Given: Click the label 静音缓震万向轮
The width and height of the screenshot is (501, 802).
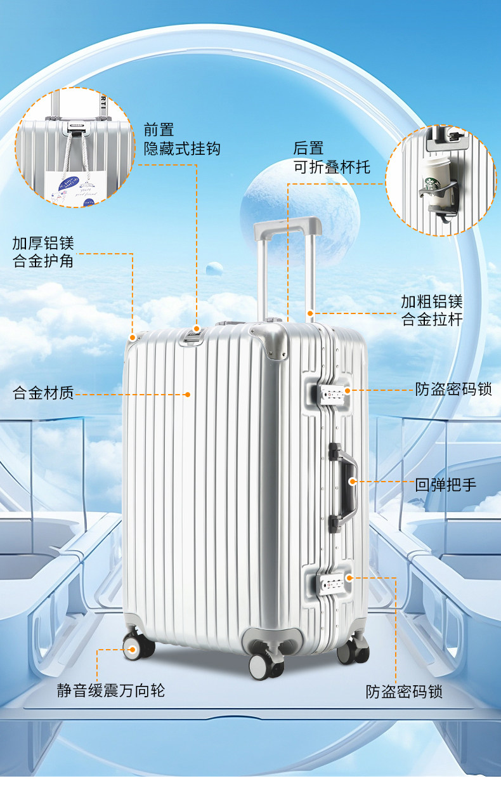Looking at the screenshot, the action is (111, 690).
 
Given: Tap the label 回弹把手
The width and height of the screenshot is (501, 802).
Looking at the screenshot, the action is (445, 486).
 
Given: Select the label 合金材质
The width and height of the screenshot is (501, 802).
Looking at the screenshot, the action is (43, 393).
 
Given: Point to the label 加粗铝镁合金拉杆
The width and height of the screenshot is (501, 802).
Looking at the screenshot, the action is (431, 310).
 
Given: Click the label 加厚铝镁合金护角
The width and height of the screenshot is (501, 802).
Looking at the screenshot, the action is (43, 251).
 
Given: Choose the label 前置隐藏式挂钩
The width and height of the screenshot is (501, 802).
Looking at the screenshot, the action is (181, 139).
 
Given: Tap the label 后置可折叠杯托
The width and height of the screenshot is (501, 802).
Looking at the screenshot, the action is (331, 157).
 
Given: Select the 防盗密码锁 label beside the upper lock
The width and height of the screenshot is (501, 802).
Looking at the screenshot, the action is (453, 390).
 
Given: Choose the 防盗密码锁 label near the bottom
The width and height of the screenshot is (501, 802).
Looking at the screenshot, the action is (404, 692).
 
